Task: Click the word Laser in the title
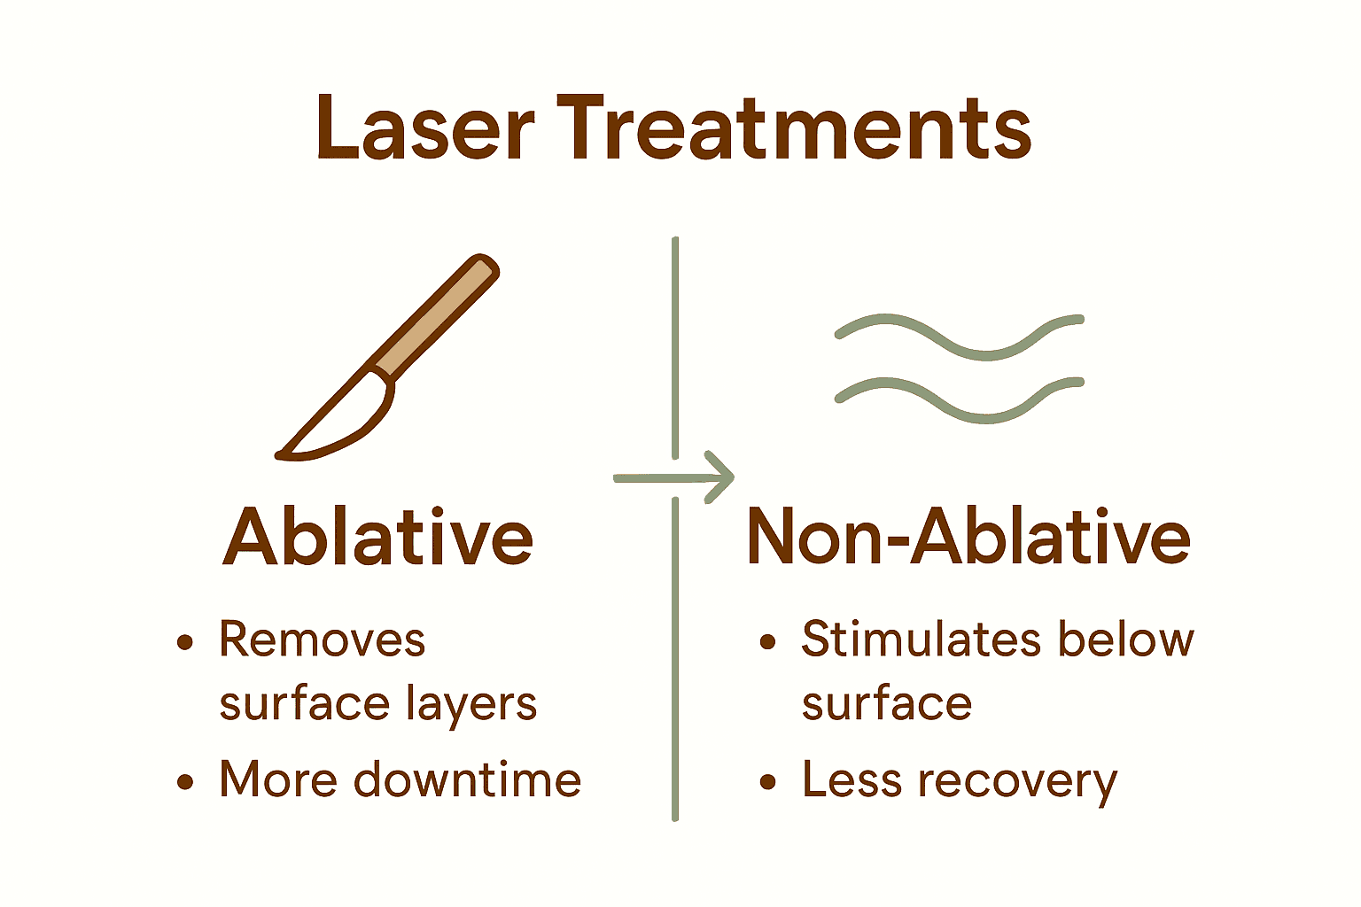pos(424,128)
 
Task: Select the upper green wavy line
pos(959,337)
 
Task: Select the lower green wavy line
pos(959,399)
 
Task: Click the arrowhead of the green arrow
pos(720,477)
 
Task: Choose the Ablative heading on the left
pos(377,537)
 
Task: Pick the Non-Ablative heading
pos(968,537)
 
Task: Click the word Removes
pos(322,640)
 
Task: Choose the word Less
pos(852,779)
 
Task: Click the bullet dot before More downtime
pos(184,781)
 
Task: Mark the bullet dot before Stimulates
pos(768,642)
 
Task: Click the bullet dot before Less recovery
pos(768,781)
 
